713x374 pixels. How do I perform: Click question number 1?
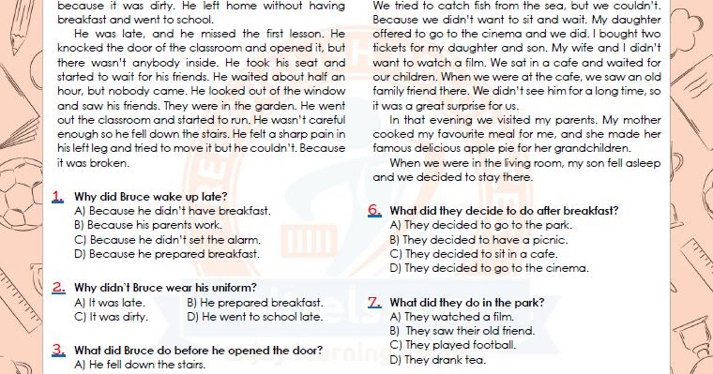pos(58,197)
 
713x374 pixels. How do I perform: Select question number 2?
pos(58,288)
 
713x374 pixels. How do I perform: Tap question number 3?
pos(58,350)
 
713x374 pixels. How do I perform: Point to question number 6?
pos(374,211)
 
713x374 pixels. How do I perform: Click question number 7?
pos(374,303)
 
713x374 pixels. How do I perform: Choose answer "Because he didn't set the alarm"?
pos(167,239)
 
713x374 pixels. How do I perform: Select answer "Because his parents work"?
pos(147,225)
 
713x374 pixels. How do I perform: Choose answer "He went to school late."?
pos(255,317)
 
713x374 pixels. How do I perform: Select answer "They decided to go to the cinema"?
pos(488,267)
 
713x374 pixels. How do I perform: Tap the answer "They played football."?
pos(453,345)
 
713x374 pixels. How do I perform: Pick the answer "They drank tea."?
pos(439,360)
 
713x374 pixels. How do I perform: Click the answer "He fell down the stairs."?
pos(140,365)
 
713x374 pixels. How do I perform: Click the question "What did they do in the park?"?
pos(465,303)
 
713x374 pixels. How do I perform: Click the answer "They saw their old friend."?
pos(462,331)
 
